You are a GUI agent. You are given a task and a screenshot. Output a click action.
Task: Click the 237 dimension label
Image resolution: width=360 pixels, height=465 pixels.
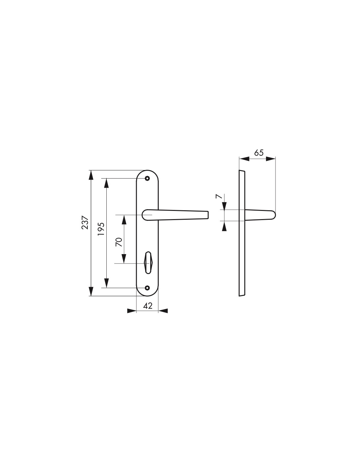tap(85, 222)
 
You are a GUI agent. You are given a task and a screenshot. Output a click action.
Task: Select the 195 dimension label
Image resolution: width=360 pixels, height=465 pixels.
tap(101, 229)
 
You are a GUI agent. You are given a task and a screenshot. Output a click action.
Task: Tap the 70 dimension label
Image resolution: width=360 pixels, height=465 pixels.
tap(119, 242)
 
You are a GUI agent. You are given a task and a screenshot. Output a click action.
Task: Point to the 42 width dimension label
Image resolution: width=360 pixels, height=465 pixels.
tap(148, 306)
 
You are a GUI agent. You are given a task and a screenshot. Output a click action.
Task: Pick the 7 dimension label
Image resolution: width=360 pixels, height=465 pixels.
tap(218, 197)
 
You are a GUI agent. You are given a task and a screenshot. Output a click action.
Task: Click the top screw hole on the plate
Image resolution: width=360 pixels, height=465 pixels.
tap(147, 178)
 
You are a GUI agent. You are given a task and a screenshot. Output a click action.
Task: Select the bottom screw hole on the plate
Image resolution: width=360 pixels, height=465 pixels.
tap(147, 288)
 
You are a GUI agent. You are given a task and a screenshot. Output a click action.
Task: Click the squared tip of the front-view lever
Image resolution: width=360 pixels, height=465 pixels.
tap(208, 215)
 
